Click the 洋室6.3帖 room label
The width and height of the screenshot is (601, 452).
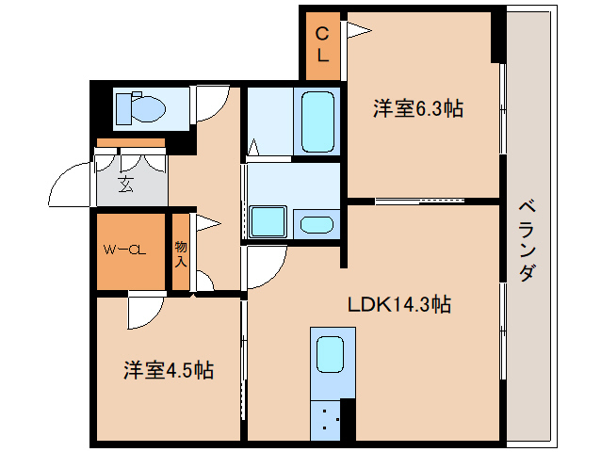pyautogui.click(x=417, y=108)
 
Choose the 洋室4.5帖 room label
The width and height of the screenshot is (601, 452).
pyautogui.click(x=168, y=369)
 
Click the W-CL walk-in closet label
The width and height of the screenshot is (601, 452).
pyautogui.click(x=124, y=250)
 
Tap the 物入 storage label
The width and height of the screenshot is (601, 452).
pyautogui.click(x=181, y=253)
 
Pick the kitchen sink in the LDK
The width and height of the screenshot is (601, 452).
pyautogui.click(x=331, y=354)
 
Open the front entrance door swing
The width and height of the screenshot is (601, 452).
pyautogui.click(x=72, y=185)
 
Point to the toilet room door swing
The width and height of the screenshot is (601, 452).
pyautogui.click(x=209, y=105)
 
